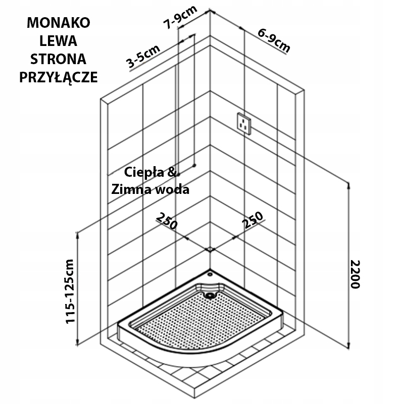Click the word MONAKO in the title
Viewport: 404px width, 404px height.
[59, 23]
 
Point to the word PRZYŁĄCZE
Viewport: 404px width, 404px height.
[59, 77]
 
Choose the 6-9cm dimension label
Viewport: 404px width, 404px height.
[274, 40]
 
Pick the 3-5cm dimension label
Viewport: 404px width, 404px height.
[143, 57]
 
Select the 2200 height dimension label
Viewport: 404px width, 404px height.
[355, 275]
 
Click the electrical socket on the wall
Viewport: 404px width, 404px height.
[244, 124]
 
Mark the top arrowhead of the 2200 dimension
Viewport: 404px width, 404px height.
[348, 185]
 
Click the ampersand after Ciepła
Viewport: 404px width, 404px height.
[172, 172]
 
